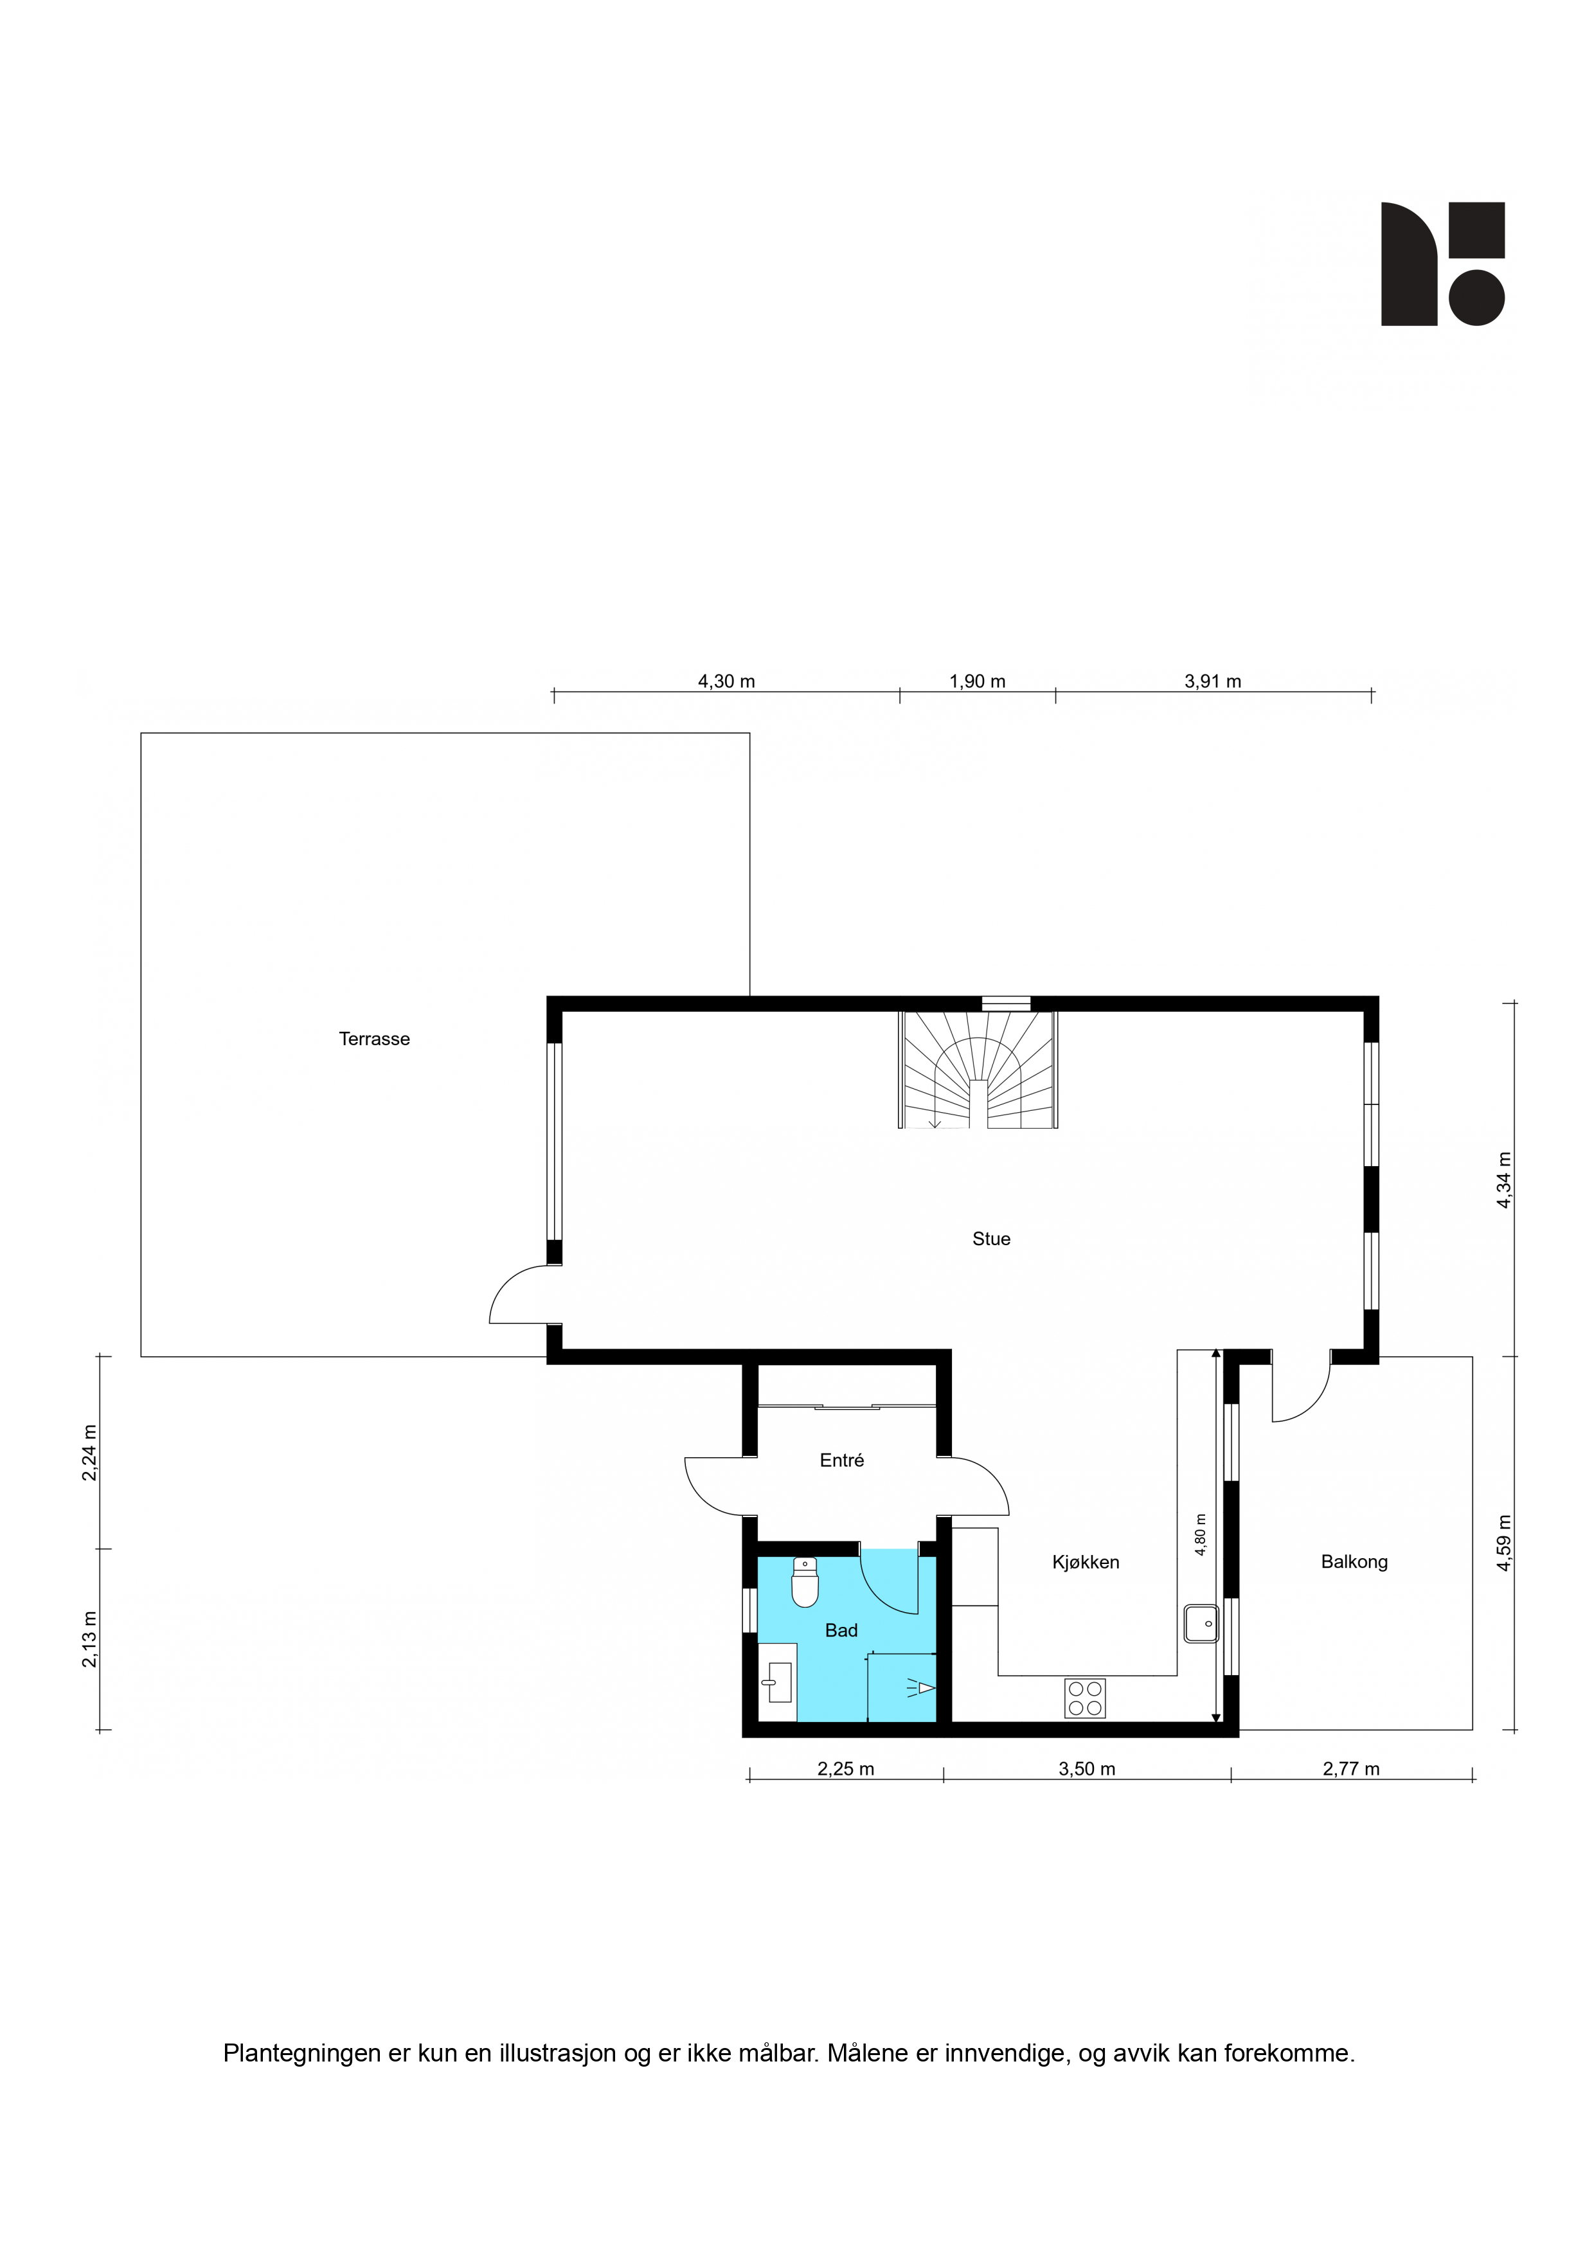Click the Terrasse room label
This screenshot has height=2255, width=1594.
[x=374, y=1039]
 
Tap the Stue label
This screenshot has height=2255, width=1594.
[x=991, y=1239]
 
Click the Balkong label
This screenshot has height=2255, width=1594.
[x=1354, y=1561]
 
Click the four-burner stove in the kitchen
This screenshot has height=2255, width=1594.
[x=1084, y=1698]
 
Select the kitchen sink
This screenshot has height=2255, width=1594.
[x=1201, y=1624]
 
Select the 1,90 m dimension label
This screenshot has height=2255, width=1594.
[x=977, y=681]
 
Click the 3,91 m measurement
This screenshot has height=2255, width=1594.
[x=1213, y=681]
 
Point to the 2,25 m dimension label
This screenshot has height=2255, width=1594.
[x=846, y=1769]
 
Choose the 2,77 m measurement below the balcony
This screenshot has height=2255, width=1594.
[x=1352, y=1769]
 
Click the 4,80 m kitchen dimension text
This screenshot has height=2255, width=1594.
[x=1200, y=1534]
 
